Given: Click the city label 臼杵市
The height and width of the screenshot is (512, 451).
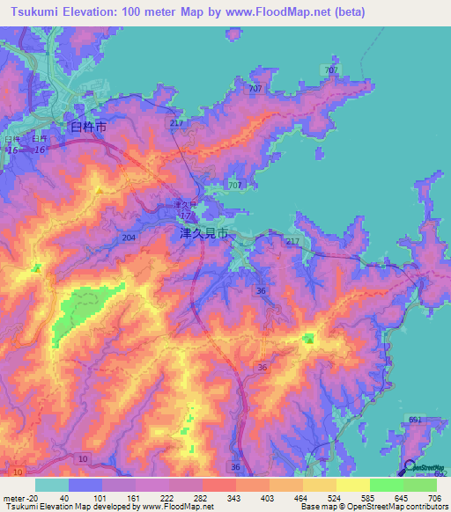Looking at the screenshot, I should (88, 128).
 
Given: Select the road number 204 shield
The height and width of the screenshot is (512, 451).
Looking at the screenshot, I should (129, 238).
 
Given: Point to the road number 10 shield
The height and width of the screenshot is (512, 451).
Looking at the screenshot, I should (83, 459).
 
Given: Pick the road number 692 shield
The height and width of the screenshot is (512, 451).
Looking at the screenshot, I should (441, 474).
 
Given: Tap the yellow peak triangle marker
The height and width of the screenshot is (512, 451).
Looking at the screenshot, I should (100, 189).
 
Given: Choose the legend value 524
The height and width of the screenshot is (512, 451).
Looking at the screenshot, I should (320, 497).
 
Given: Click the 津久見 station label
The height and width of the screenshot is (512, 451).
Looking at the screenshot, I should (183, 205).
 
